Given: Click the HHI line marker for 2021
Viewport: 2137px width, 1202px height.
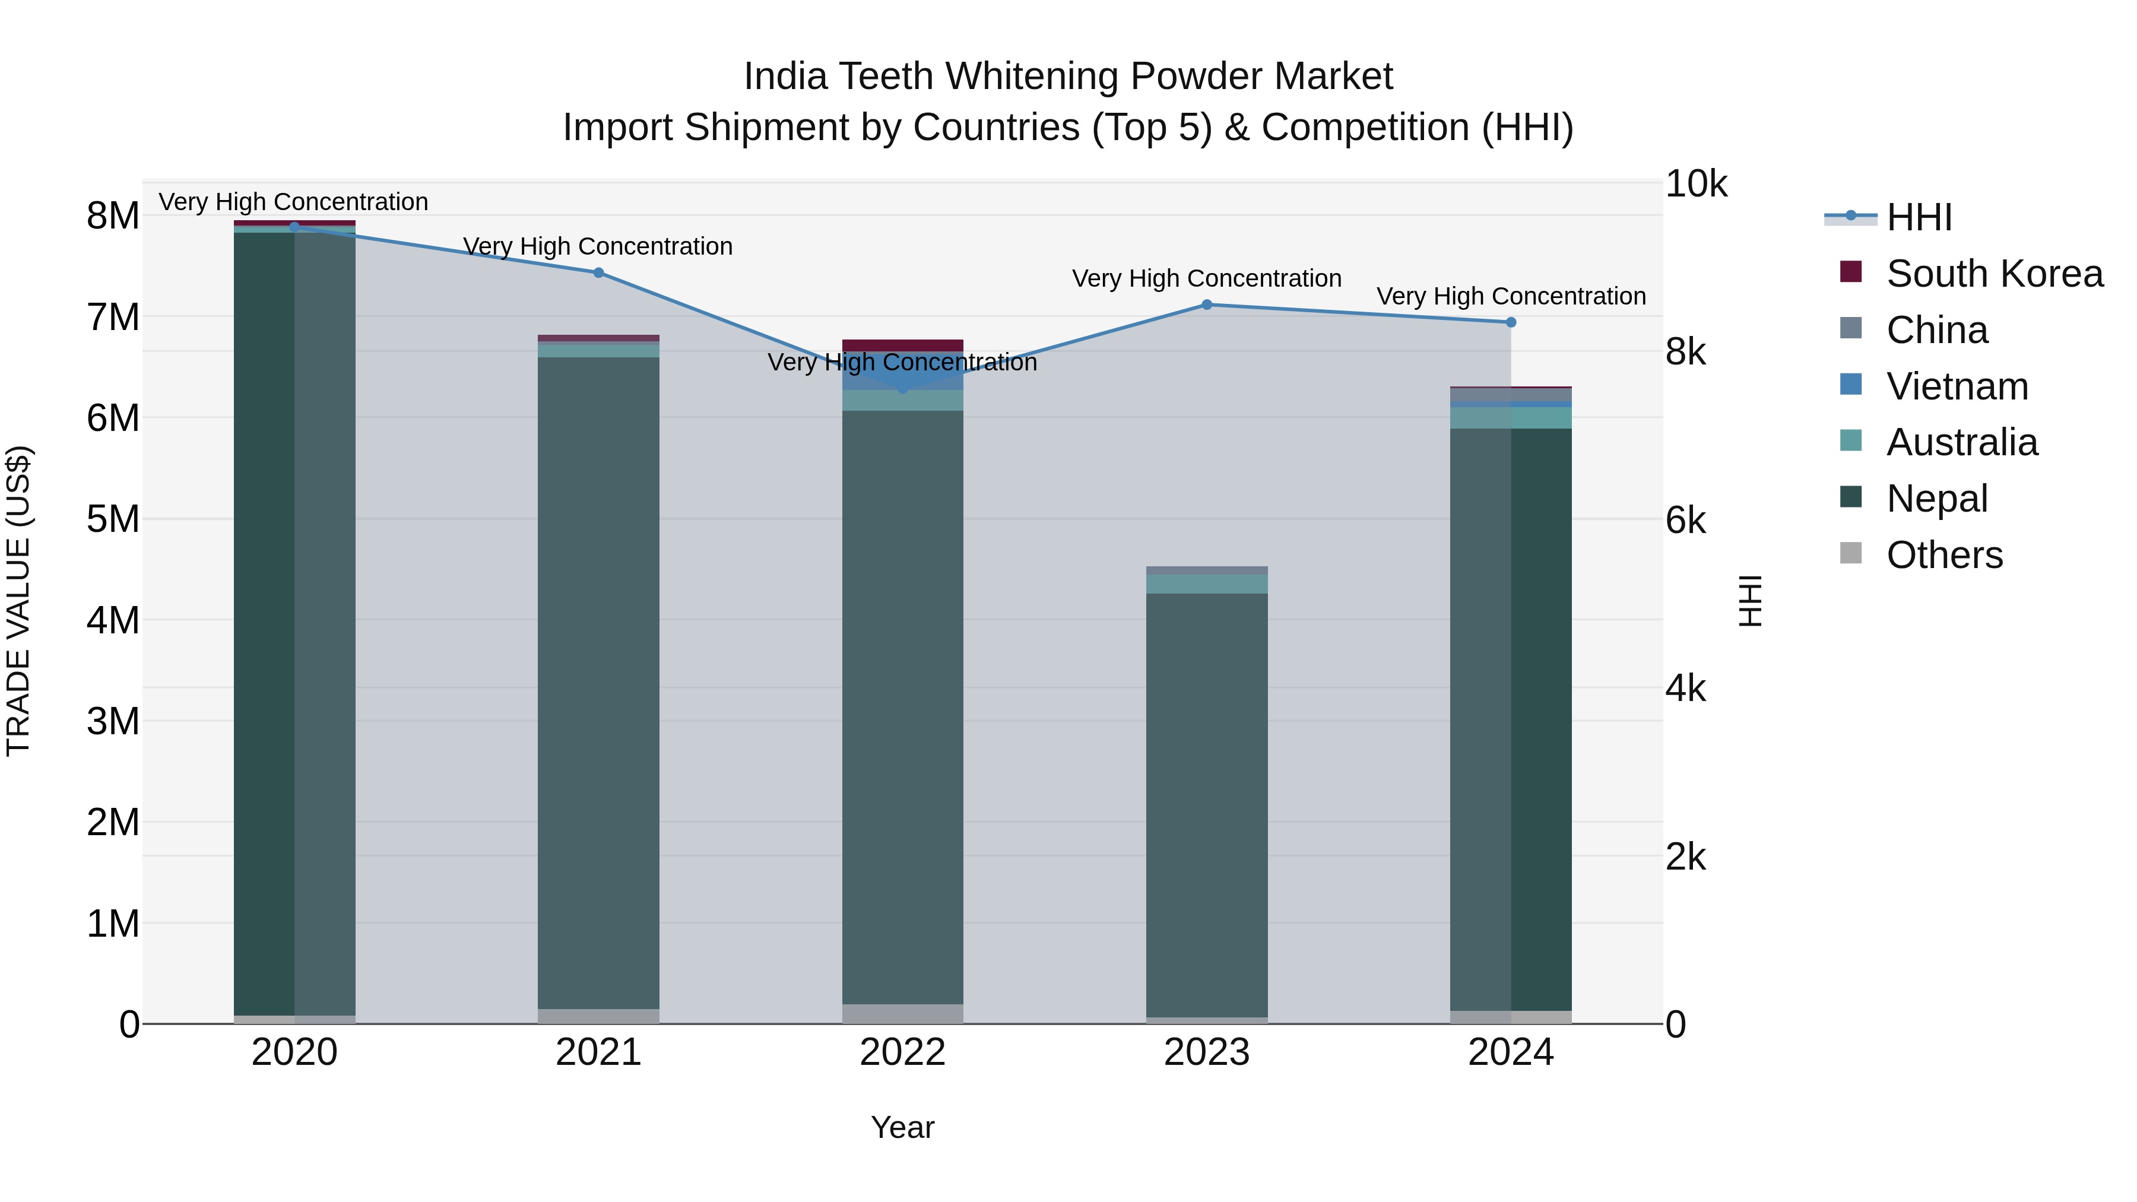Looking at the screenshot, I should (598, 272).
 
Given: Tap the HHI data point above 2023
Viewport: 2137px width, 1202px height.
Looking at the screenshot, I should (1207, 305).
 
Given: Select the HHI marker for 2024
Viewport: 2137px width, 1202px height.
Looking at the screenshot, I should (1511, 322).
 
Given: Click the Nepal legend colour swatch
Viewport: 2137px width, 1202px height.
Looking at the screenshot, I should (1851, 497).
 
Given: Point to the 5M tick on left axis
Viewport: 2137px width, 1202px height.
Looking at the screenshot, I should (113, 519).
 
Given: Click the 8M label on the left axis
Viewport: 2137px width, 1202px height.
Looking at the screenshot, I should (113, 215).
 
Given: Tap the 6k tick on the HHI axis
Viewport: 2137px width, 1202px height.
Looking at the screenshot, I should (1686, 521).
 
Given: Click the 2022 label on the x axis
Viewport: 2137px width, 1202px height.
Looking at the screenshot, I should (902, 1052).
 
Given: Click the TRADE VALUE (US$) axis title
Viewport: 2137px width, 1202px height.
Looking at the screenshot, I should (18, 601).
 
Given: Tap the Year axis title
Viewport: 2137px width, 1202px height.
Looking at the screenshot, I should (902, 1127).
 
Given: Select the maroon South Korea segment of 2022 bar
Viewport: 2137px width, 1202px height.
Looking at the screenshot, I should (902, 345).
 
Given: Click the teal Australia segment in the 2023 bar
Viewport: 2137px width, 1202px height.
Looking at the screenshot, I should (1207, 584).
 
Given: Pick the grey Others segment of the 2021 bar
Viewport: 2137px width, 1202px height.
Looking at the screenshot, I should (598, 1016).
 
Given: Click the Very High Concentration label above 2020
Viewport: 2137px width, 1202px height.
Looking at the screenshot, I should (294, 202).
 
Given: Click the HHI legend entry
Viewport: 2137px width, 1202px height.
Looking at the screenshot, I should (1918, 217).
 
